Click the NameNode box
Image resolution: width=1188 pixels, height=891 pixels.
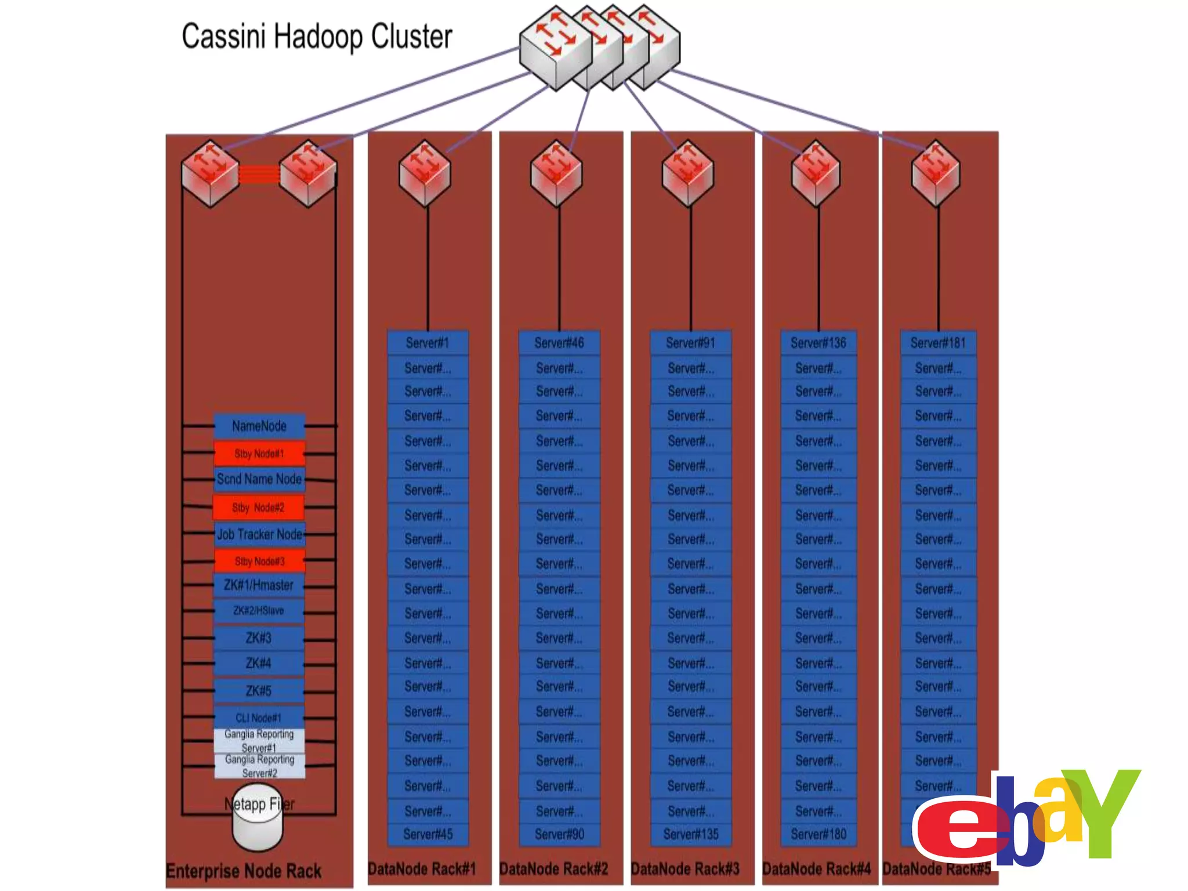(259, 426)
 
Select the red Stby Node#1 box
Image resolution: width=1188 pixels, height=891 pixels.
(259, 454)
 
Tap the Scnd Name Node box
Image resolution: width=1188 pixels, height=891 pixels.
(259, 479)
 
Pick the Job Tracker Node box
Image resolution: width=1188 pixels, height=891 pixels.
(259, 534)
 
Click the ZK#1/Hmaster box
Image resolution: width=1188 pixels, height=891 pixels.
(259, 585)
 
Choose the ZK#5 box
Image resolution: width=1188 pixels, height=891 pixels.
(259, 691)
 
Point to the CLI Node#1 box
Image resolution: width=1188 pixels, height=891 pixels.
(259, 718)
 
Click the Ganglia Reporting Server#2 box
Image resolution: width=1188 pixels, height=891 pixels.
(259, 766)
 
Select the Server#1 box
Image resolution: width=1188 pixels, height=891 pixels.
(428, 343)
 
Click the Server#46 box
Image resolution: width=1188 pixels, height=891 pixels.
(559, 343)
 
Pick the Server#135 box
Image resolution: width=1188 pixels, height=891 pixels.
(691, 834)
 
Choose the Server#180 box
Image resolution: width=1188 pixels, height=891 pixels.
(818, 834)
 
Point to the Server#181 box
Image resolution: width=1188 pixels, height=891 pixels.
(938, 343)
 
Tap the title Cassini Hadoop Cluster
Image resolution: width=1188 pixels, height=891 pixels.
(317, 37)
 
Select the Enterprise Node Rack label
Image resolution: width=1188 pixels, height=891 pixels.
(244, 871)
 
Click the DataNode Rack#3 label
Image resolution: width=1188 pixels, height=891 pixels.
(685, 869)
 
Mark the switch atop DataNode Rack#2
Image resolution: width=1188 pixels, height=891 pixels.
(557, 173)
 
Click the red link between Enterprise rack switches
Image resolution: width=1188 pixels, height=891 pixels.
(259, 175)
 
